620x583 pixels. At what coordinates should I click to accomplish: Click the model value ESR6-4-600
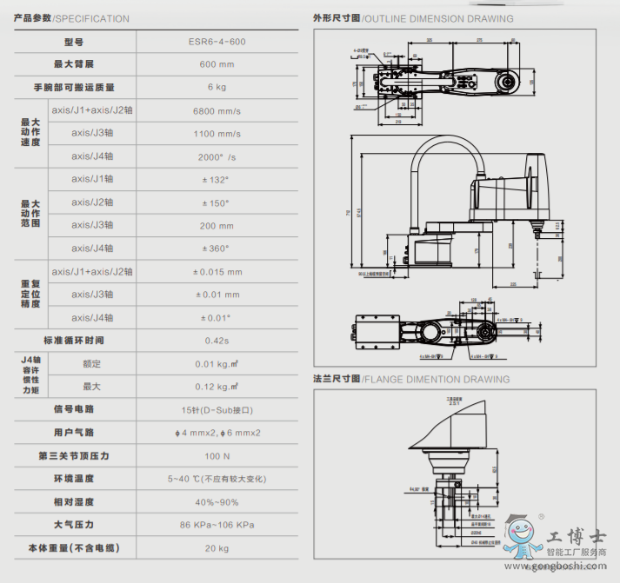point(217,42)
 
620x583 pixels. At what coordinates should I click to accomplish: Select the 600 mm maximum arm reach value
point(217,64)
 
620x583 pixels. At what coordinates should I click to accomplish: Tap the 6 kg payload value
point(217,87)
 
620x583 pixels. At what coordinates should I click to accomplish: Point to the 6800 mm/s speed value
point(217,110)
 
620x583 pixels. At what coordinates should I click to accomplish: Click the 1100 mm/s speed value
point(217,134)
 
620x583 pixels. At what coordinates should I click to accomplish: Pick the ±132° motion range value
point(217,180)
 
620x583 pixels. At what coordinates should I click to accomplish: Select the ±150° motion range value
point(217,202)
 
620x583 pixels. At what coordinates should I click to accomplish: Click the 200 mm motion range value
point(217,225)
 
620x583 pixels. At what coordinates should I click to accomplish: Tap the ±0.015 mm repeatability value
point(217,272)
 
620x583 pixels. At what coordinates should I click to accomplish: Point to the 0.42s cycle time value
point(217,341)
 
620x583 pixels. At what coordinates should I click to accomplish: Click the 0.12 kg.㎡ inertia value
point(217,387)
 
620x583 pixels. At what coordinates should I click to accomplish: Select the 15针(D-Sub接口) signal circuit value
point(217,409)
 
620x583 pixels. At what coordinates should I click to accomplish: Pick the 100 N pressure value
point(217,455)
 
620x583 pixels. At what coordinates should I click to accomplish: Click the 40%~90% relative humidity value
point(217,501)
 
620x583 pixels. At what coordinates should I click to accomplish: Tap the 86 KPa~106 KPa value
point(217,525)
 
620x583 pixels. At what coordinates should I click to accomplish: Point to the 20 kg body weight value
point(217,548)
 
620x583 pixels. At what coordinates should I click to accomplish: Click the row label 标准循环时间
point(74,341)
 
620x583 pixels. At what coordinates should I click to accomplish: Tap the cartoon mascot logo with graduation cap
point(521,539)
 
